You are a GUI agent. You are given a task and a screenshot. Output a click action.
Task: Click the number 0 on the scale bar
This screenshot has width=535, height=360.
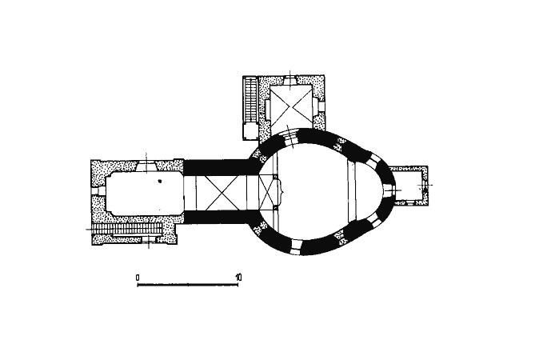click(x=138, y=278)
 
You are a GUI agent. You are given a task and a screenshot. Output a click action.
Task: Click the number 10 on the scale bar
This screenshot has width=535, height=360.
click(x=238, y=277)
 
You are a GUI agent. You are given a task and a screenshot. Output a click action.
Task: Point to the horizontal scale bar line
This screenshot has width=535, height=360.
click(x=188, y=285)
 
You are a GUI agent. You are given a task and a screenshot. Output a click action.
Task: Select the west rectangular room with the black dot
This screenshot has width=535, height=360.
click(x=144, y=194)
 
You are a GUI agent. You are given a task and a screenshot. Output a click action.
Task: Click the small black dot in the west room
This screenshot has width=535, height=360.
click(x=159, y=181)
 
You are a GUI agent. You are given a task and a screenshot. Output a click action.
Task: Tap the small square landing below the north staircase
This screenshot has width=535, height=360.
click(x=251, y=130)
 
